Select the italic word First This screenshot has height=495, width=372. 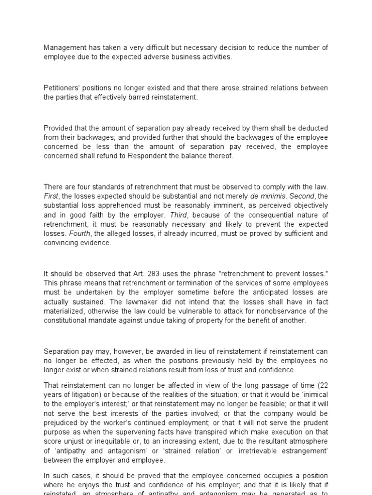coord(51,196)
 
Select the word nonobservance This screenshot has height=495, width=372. coord(281,311)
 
